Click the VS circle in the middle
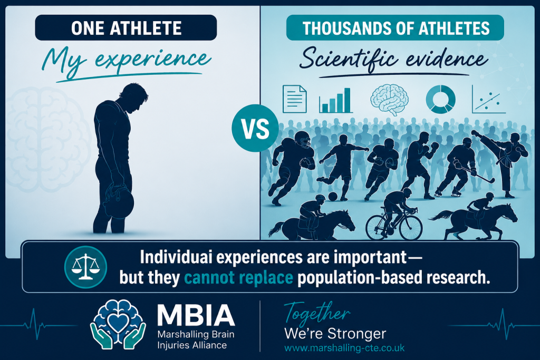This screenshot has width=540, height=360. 255,128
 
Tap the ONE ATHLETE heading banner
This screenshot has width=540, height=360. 126,27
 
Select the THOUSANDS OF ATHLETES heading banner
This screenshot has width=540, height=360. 395,27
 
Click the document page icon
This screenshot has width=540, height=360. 294,99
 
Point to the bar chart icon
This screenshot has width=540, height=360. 336,101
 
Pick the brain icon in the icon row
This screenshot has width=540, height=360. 389,100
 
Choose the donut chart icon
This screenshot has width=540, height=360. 440,100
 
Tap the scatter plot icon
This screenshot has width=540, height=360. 488,100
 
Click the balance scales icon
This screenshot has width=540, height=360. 85,267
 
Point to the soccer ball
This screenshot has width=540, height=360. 333,197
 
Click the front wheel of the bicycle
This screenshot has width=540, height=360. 410,228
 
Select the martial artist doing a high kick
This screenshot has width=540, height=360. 503,162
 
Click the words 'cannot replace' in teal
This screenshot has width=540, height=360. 239,277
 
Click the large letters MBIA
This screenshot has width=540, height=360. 196,315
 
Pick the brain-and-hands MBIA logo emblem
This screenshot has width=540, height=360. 118,325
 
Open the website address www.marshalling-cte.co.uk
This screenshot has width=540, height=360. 344,348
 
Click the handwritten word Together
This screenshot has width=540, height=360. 317,314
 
